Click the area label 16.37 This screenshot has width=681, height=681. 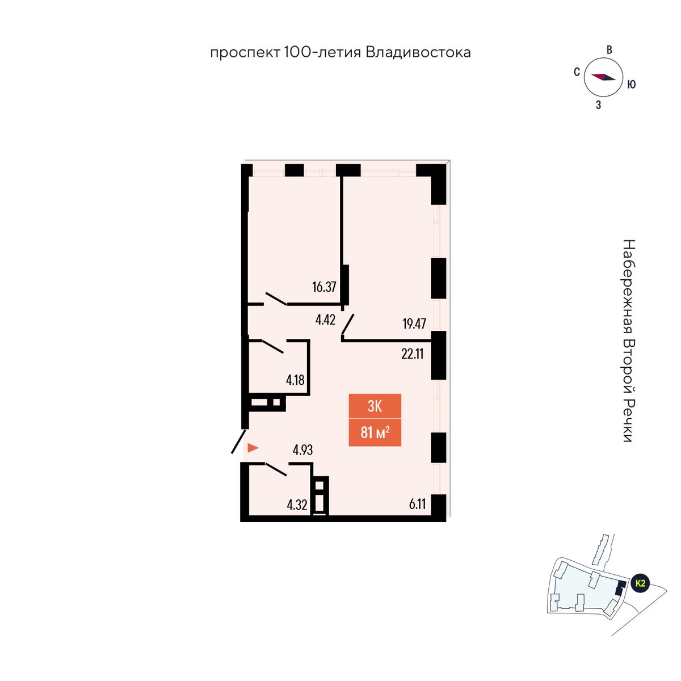[x=323, y=287]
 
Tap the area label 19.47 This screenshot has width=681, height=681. [x=414, y=323]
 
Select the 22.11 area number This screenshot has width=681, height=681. [x=412, y=354]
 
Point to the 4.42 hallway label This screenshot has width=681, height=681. [x=325, y=320]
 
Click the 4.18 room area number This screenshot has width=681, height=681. [x=295, y=380]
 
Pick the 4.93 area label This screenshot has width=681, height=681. [x=303, y=450]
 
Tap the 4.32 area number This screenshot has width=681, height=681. [x=297, y=506]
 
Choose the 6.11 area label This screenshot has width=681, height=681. [x=417, y=504]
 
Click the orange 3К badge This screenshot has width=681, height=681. [x=375, y=406]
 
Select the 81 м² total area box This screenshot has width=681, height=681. [x=375, y=433]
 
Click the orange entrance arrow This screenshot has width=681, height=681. [x=253, y=448]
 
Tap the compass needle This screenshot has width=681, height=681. [x=604, y=77]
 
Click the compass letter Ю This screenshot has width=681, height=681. [x=631, y=84]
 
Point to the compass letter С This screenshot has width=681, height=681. [x=577, y=72]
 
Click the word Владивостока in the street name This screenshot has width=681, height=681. [x=418, y=53]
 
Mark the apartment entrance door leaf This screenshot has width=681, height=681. [x=238, y=441]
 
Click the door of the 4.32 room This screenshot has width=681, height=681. [x=276, y=470]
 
